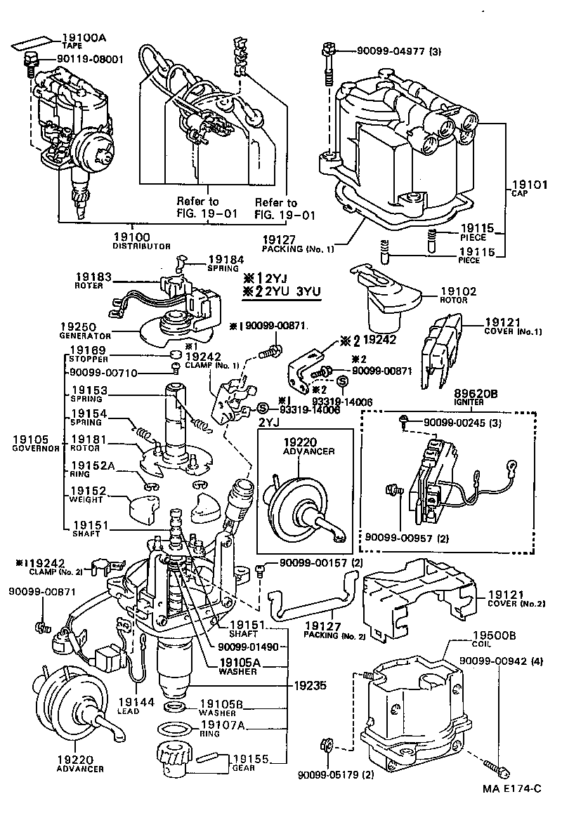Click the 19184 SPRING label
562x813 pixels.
(223, 264)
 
